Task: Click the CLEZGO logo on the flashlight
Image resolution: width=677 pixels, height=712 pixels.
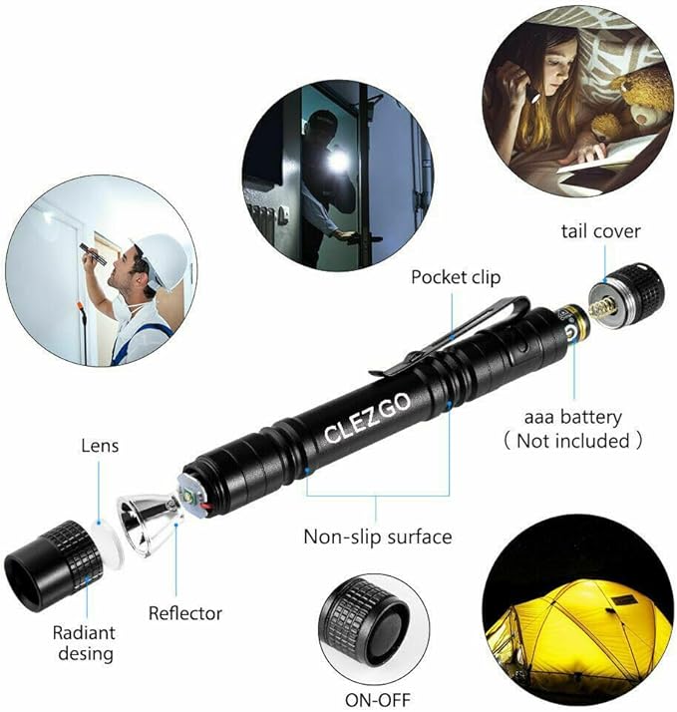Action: [x=368, y=418]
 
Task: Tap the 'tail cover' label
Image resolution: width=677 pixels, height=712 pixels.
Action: [x=600, y=231]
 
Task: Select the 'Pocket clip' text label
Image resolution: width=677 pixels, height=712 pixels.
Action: [x=456, y=277]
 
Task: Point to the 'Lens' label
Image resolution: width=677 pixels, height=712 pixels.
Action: [x=100, y=446]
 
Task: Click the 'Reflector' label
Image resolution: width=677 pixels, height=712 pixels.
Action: [x=185, y=613]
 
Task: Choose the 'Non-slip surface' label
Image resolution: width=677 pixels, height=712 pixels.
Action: [x=378, y=536]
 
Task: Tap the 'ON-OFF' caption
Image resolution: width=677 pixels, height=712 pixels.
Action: [x=377, y=700]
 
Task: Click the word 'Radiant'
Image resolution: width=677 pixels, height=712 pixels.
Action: [x=84, y=632]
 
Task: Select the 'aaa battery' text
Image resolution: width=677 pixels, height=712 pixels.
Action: [x=573, y=417]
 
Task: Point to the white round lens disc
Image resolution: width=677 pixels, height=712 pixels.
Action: [x=108, y=542]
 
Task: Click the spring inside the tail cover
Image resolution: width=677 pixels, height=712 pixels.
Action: [x=603, y=309]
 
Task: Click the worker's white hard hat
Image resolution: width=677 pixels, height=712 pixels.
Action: [x=165, y=260]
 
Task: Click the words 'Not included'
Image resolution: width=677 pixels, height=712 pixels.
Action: [x=573, y=441]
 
